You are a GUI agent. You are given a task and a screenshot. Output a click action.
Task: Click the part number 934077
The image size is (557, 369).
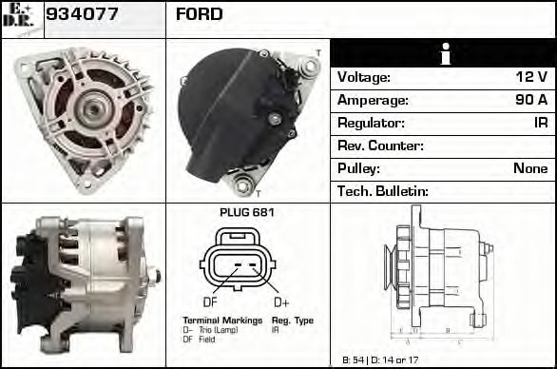click(x=82, y=14)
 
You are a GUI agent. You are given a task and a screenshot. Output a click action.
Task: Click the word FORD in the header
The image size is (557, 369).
click(x=200, y=14)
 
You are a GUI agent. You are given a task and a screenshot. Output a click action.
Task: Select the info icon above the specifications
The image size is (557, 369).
click(x=444, y=54)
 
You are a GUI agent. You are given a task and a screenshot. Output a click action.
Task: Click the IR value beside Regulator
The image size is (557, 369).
click(x=540, y=124)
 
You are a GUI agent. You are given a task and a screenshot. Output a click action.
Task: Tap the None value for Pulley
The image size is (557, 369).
click(x=530, y=169)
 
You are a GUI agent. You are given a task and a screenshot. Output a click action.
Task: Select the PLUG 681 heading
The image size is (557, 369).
click(x=246, y=212)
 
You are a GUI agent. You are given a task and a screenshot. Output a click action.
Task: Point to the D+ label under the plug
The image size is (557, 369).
click(x=280, y=301)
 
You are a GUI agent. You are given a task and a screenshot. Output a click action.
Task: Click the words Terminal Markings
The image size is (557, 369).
click(x=222, y=320)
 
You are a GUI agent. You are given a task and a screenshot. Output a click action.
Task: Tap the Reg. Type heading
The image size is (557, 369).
click(x=293, y=320)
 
